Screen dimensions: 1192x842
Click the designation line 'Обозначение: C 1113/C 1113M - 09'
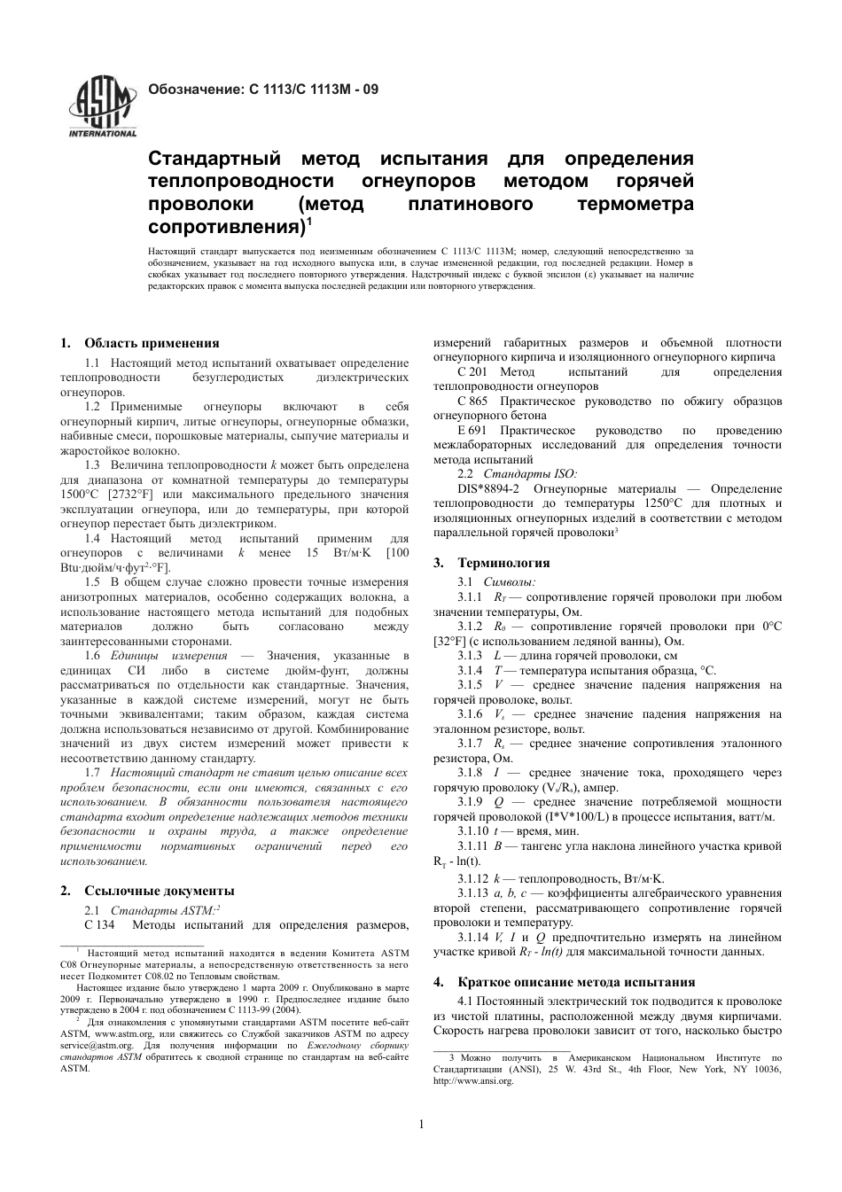262,90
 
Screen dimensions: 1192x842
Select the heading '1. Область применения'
139,343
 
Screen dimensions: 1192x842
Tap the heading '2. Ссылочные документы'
147,891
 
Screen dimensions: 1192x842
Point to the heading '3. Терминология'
491,562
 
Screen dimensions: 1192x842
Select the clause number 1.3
92,464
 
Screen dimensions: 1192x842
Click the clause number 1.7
92,773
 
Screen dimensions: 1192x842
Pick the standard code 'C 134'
100,925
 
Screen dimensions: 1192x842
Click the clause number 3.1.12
472,878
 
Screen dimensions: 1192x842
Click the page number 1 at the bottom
421,1125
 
